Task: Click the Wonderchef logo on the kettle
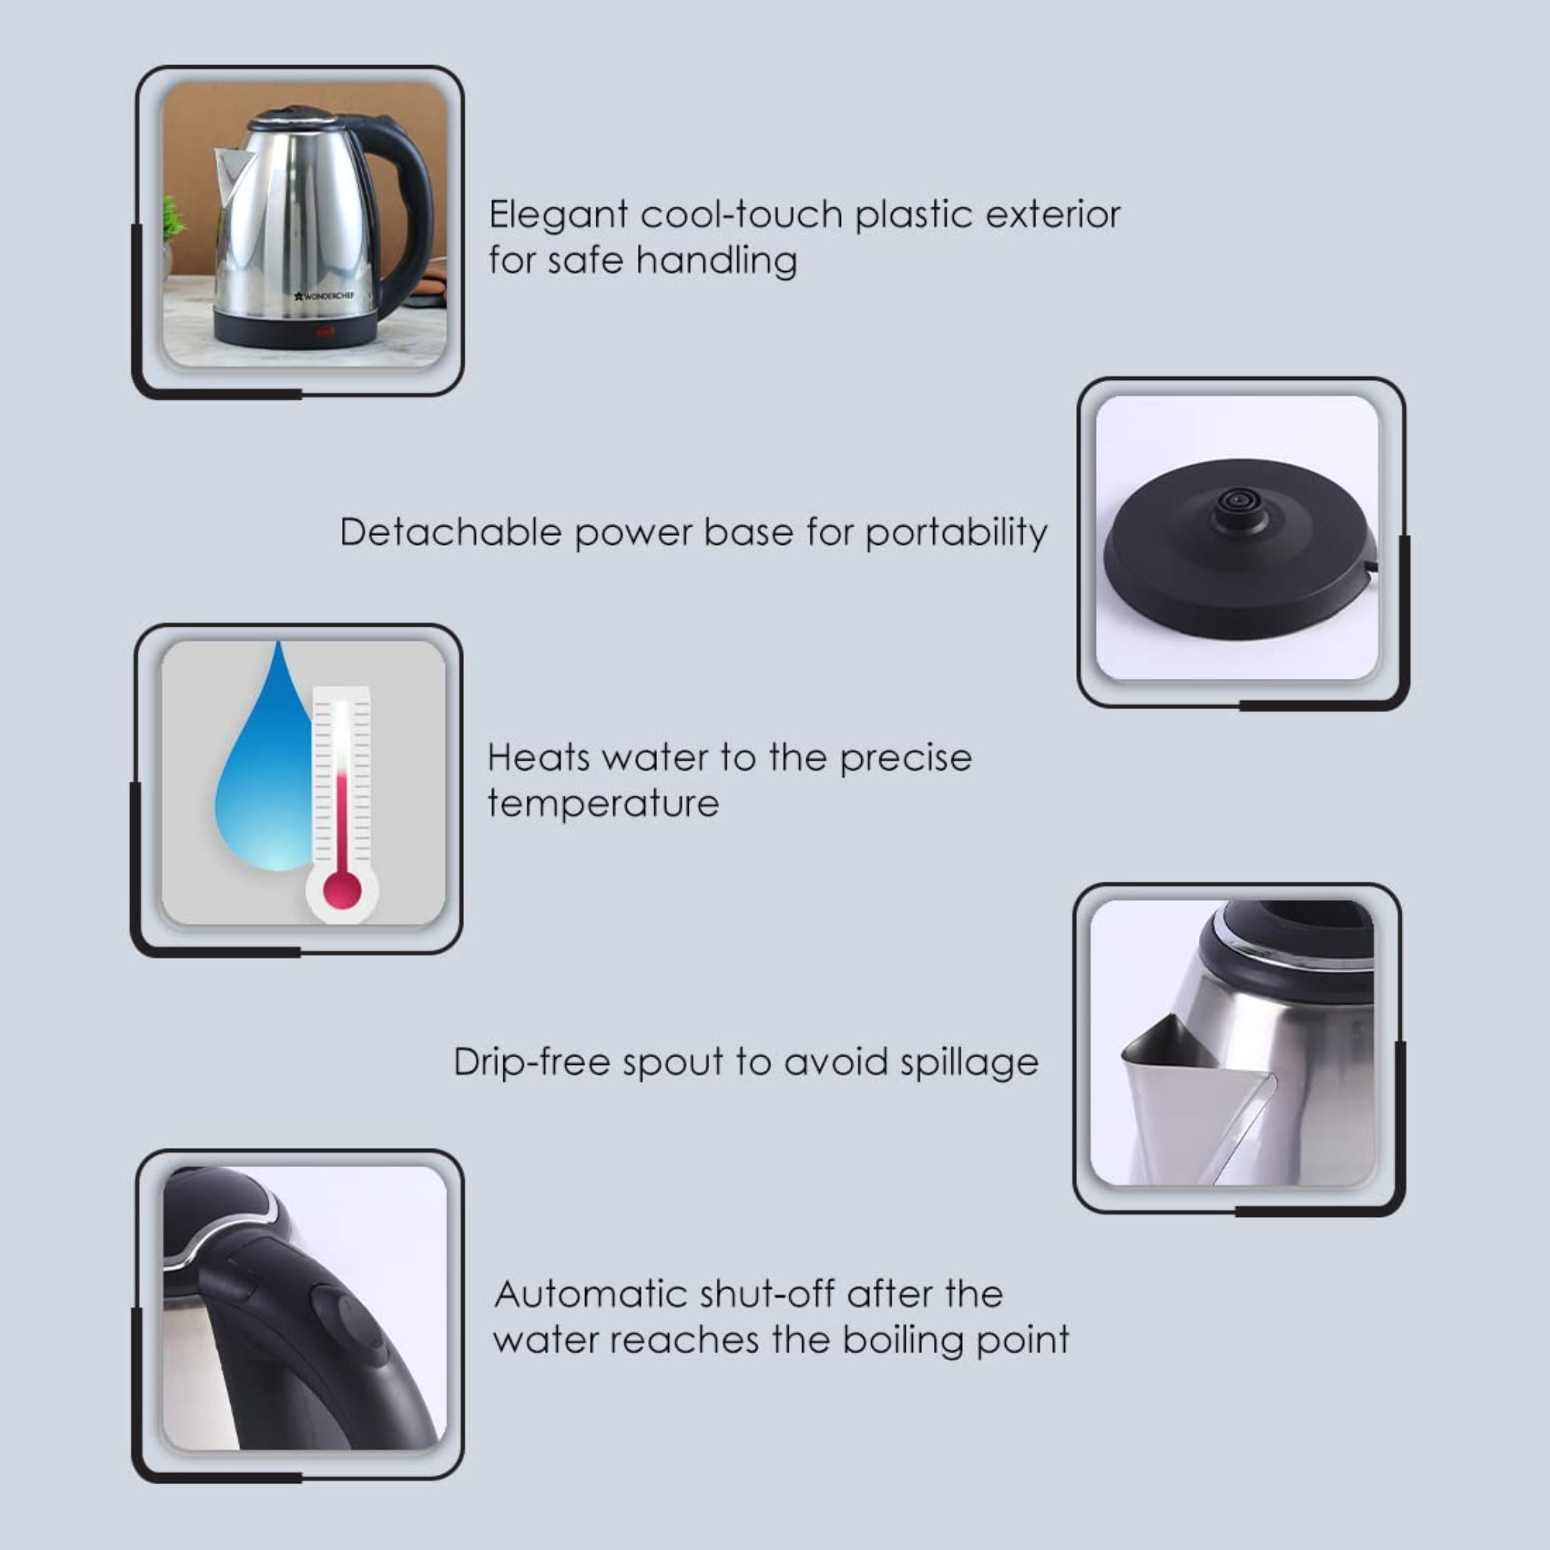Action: [x=325, y=296]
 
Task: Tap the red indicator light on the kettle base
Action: [x=325, y=332]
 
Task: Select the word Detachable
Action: [x=450, y=533]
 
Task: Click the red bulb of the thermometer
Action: [x=342, y=891]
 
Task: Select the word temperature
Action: [x=603, y=804]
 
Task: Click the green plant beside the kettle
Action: [x=173, y=221]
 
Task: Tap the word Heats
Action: [x=537, y=758]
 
